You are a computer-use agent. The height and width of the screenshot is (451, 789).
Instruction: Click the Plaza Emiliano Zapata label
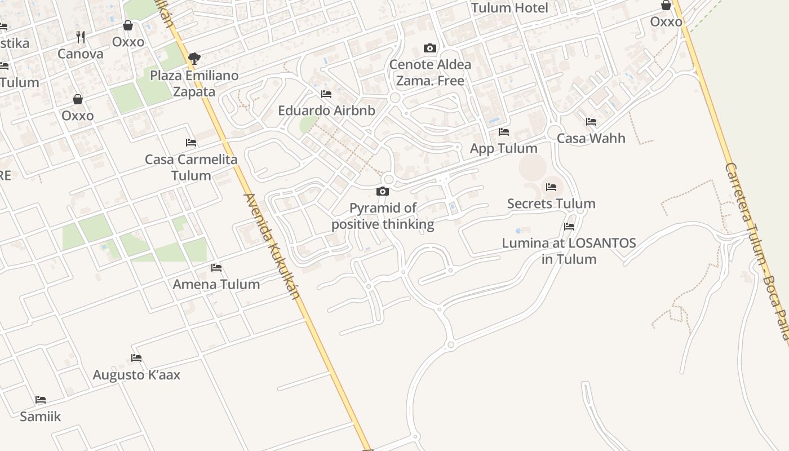pos(194,83)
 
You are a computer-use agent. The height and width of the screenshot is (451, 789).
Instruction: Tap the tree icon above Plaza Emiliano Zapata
pos(194,58)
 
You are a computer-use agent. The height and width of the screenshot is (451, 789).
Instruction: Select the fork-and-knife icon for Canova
pos(81,37)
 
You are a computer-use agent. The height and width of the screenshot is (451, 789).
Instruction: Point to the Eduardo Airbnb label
pos(326,110)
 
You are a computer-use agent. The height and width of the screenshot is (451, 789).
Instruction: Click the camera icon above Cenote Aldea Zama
pos(430,48)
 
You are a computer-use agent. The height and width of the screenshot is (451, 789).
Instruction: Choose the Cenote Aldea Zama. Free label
pos(430,72)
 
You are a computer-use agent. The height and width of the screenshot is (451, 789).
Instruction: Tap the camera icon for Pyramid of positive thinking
pos(383,192)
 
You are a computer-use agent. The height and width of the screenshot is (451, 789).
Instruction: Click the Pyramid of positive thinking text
pos(383,216)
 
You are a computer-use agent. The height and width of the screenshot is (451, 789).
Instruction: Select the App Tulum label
pos(503,148)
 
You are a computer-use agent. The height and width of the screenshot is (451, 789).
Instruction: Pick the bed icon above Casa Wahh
pos(591,122)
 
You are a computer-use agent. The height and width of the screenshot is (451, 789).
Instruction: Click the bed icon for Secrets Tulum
pos(551,187)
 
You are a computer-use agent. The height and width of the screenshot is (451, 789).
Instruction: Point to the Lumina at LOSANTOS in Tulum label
pos(569,251)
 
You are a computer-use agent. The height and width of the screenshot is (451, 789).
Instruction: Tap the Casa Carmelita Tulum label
pos(191,167)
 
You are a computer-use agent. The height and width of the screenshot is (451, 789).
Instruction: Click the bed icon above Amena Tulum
pos(216,268)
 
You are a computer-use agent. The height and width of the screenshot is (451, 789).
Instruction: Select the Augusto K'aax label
pos(136,375)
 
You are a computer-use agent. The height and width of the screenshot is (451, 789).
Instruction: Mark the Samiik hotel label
pos(40,417)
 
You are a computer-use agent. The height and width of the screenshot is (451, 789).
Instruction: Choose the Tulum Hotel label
pos(509,8)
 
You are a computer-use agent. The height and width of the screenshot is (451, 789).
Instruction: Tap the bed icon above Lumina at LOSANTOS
pos(569,227)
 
